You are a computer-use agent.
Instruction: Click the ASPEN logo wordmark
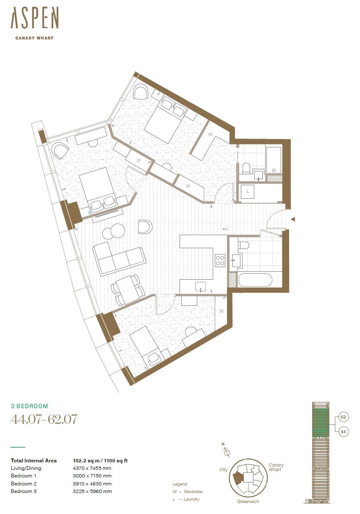[35, 18]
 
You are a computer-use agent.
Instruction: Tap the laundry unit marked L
[247, 191]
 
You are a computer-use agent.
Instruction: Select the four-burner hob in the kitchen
[220, 260]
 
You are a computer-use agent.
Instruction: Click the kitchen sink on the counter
[201, 286]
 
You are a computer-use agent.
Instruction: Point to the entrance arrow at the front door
[293, 219]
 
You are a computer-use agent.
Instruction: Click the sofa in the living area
[119, 258]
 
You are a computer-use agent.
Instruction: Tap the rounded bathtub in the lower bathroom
[255, 280]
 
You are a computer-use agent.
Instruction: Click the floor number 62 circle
[343, 417]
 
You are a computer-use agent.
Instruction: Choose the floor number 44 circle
[343, 431]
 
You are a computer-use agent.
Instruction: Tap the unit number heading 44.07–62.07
[44, 419]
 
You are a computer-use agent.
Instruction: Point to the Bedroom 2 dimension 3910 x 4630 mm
[92, 483]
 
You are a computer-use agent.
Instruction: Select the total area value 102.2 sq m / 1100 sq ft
[100, 460]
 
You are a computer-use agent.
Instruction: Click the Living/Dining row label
[26, 468]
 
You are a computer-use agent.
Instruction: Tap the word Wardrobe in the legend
[193, 491]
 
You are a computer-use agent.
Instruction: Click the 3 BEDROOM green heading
[29, 406]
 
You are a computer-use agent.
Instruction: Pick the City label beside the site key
[223, 469]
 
